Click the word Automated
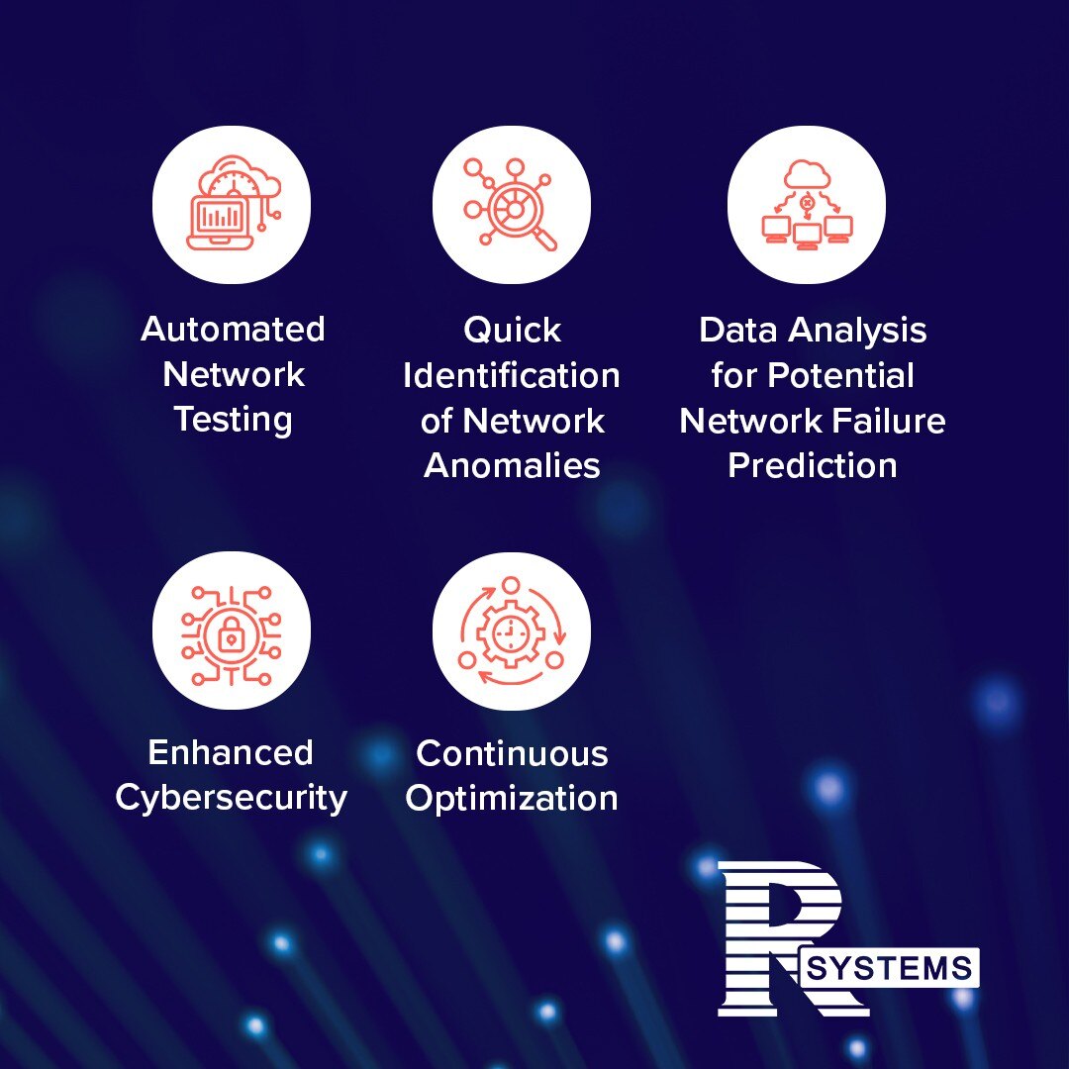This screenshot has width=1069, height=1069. (x=233, y=329)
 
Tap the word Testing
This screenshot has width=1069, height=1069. (x=233, y=420)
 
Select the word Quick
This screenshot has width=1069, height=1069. (x=512, y=331)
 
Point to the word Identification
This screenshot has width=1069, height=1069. (x=512, y=376)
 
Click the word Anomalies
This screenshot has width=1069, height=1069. (x=512, y=465)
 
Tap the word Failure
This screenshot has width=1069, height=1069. (x=890, y=421)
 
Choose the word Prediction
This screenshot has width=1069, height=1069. (x=812, y=465)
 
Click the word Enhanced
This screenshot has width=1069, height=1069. (x=231, y=752)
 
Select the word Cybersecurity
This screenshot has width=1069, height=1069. (x=231, y=798)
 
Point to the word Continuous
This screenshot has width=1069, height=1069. (x=512, y=753)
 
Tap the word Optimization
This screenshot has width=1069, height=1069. (x=512, y=798)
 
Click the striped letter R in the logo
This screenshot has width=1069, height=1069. (x=777, y=935)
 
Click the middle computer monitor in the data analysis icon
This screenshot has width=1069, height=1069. (x=807, y=235)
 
